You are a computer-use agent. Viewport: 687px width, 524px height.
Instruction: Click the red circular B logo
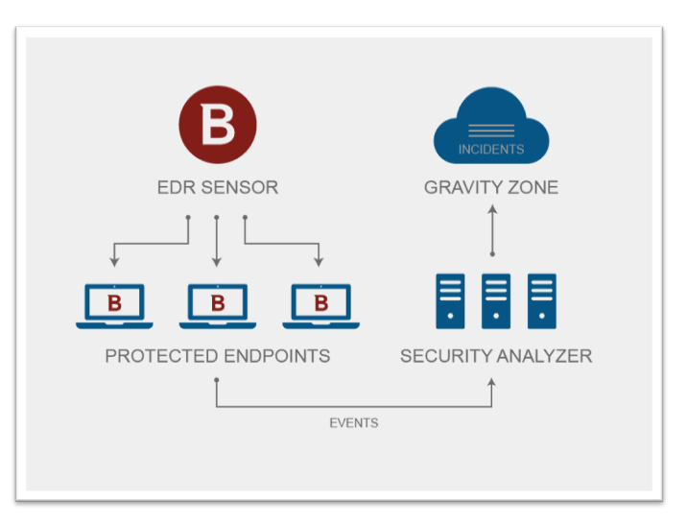pyautogui.click(x=218, y=125)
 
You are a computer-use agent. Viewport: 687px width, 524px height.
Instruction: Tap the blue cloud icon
pyautogui.click(x=491, y=126)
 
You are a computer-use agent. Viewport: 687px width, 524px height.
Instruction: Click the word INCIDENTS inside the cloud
pyautogui.click(x=491, y=150)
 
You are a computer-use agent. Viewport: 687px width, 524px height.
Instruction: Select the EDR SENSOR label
pyautogui.click(x=218, y=187)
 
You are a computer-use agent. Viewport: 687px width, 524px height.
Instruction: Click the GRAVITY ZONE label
pyautogui.click(x=491, y=187)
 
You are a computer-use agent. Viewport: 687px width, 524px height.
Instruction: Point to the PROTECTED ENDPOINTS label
pyautogui.click(x=218, y=356)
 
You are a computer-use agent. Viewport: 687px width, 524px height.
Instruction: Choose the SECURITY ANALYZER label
pyautogui.click(x=496, y=356)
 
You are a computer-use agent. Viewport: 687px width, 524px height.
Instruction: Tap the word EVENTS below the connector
pyautogui.click(x=354, y=423)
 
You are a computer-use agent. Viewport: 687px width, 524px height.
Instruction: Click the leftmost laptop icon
pyautogui.click(x=114, y=306)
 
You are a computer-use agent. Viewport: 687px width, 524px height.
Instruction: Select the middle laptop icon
pyautogui.click(x=218, y=306)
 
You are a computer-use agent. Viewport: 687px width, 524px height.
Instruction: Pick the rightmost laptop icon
pyautogui.click(x=321, y=306)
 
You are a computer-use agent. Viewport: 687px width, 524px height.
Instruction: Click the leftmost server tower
pyautogui.click(x=450, y=301)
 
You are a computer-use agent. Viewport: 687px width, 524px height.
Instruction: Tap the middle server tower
pyautogui.click(x=496, y=301)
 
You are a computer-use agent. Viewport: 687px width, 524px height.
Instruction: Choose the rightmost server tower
pyautogui.click(x=542, y=301)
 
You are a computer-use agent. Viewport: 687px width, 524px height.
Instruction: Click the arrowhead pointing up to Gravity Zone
pyautogui.click(x=492, y=209)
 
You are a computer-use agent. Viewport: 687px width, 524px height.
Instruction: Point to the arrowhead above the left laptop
pyautogui.click(x=114, y=262)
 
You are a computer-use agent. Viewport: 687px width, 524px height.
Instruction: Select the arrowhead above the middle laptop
pyautogui.click(x=217, y=262)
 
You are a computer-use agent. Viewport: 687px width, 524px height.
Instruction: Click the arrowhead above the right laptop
pyautogui.click(x=319, y=262)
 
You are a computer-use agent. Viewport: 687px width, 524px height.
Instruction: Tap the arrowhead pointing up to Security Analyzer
pyautogui.click(x=491, y=383)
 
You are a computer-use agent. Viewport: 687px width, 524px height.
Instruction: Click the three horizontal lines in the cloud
pyautogui.click(x=491, y=131)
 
